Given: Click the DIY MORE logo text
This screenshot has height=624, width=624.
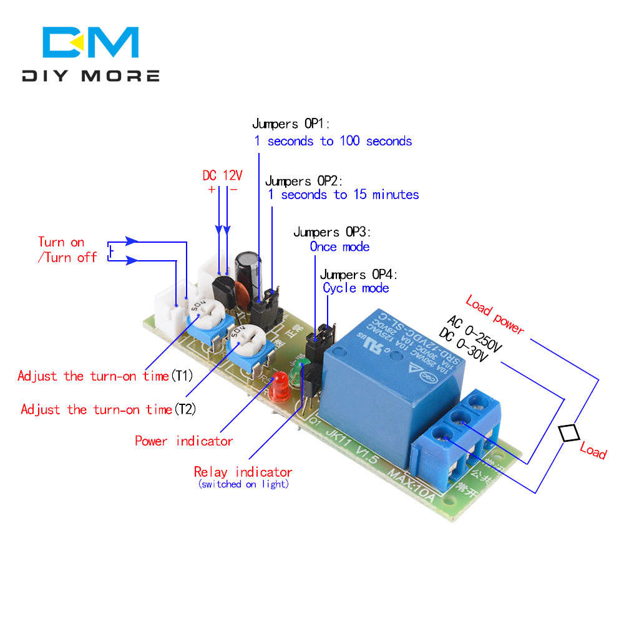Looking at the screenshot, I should click(90, 76).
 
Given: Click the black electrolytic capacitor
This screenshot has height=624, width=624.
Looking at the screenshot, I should click(246, 271).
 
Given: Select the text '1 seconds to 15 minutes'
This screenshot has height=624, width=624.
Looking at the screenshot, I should click(343, 195).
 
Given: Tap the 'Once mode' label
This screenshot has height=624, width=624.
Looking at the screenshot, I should click(339, 246).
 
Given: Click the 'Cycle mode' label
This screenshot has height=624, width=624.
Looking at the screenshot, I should click(356, 288).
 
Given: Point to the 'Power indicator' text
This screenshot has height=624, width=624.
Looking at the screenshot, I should click(184, 441).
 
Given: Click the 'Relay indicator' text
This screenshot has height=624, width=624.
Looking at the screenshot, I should click(243, 472).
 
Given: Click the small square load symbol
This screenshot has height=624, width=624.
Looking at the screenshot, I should click(568, 433).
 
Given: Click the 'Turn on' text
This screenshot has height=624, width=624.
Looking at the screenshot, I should click(61, 242).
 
